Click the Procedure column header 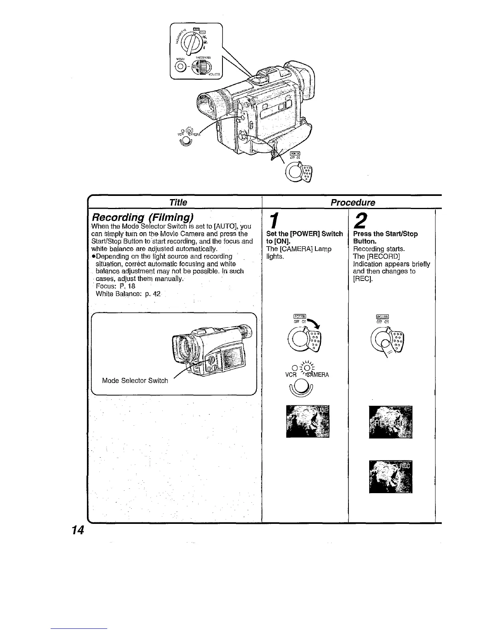click(x=353, y=202)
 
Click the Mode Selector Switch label click(x=135, y=380)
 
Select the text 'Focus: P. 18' click(x=116, y=286)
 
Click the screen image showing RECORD click(x=391, y=421)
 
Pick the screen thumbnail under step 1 click(x=308, y=421)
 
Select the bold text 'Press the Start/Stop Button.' click(x=385, y=237)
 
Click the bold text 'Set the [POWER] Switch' click(x=304, y=234)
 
